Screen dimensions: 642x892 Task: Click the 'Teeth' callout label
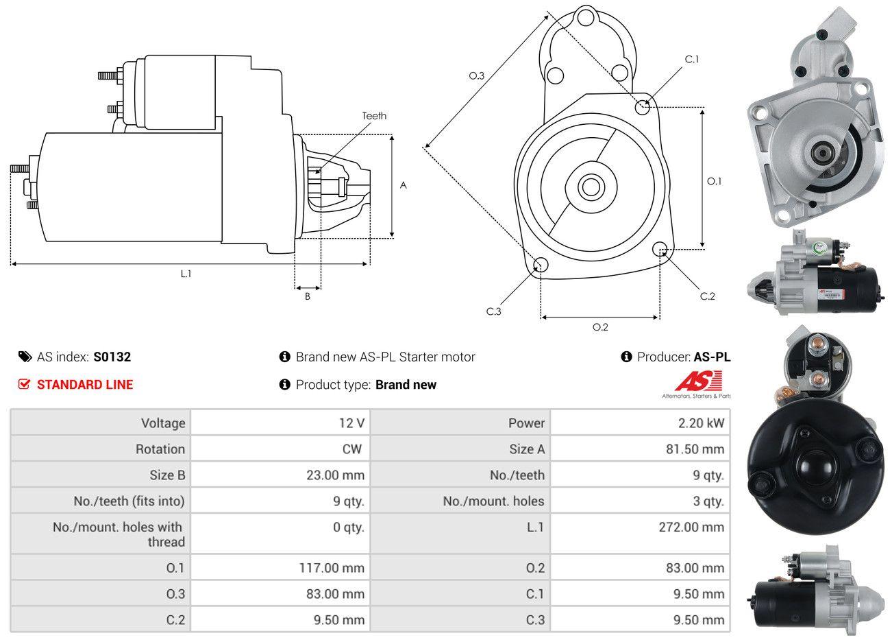[x=374, y=116]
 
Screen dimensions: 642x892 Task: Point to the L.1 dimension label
[x=186, y=274]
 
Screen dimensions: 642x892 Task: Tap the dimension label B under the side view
[x=308, y=296]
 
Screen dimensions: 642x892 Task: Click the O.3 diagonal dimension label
[x=477, y=75]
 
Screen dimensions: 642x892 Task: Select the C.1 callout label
[x=692, y=59]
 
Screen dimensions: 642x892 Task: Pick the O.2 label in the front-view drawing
[x=600, y=327]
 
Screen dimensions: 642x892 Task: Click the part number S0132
[x=112, y=357]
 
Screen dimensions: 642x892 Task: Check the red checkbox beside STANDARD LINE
[x=25, y=384]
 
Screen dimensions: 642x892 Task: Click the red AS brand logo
[x=698, y=381]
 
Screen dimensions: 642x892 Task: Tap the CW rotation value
[x=351, y=449]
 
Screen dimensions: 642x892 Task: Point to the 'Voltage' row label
[x=163, y=423]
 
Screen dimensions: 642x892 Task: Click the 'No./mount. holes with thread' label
[x=119, y=534]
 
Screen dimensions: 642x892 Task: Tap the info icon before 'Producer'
[x=625, y=357]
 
